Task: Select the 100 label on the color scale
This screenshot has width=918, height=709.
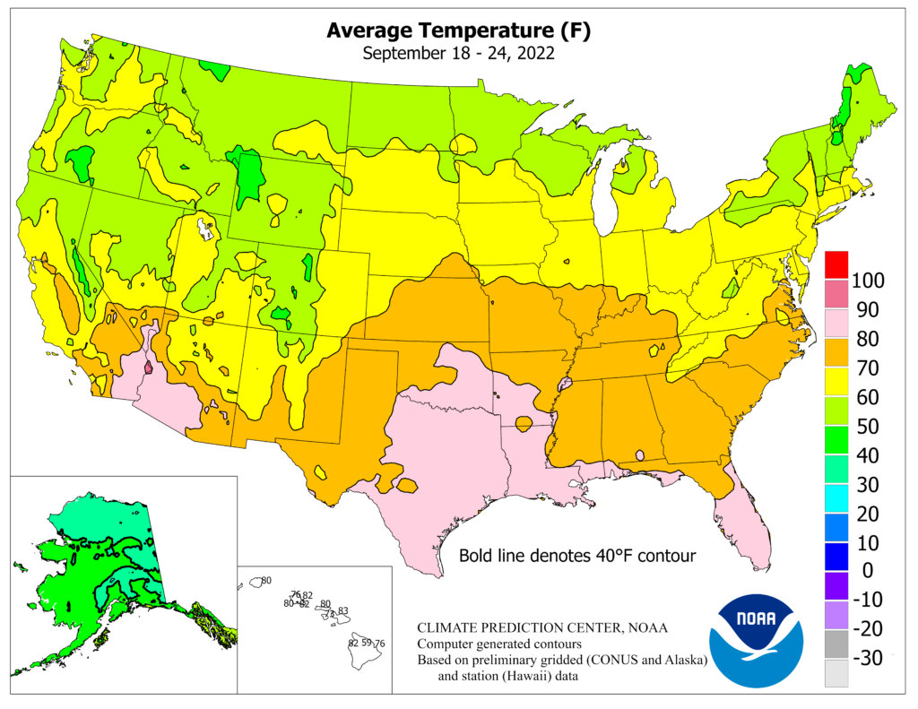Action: [868, 281]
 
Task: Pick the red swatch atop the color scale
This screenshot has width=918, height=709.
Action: [836, 264]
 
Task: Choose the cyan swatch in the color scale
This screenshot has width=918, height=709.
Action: [836, 497]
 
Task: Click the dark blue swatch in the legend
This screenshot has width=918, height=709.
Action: [836, 556]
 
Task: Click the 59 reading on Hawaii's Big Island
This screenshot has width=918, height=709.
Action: [366, 644]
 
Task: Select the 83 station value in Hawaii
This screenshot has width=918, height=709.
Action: [342, 611]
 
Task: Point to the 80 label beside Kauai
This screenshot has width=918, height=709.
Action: [265, 582]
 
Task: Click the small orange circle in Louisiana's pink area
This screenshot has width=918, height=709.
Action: [524, 422]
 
